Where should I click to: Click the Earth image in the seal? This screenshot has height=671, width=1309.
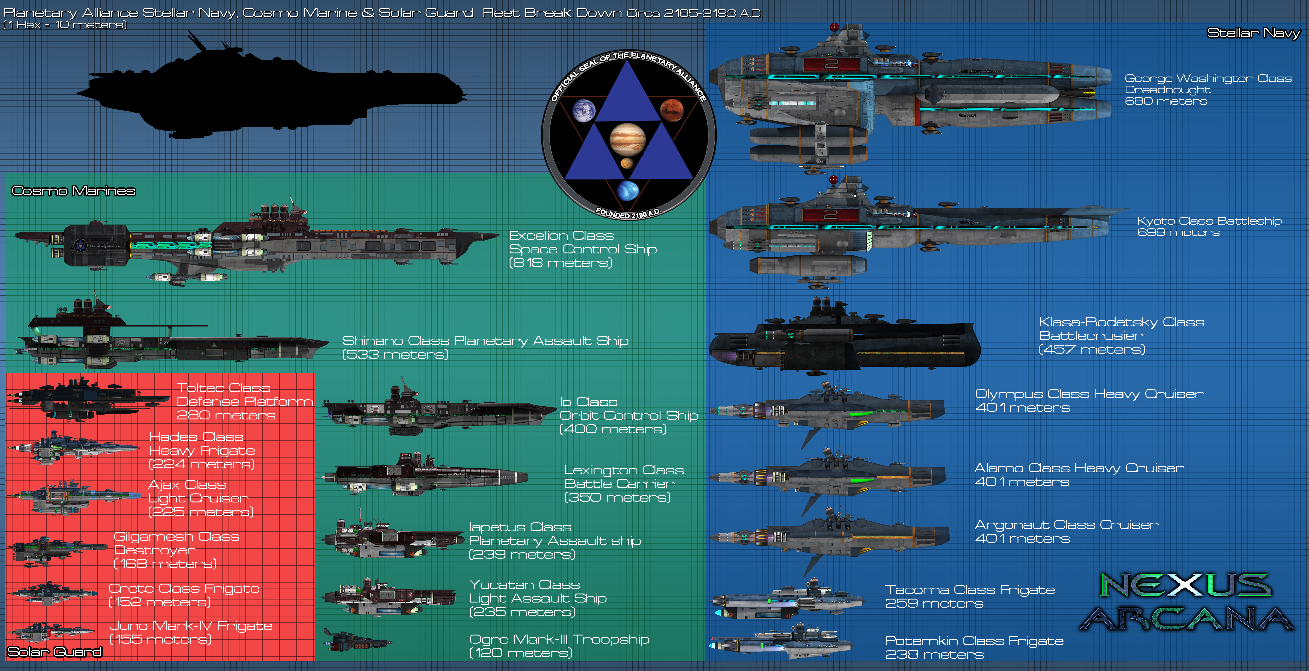tap(584, 111)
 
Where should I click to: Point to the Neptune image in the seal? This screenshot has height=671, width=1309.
tap(627, 190)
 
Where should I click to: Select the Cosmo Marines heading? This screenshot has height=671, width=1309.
tap(74, 191)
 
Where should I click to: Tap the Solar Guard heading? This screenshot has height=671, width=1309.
tap(54, 652)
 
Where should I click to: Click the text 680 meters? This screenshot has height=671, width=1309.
tap(1166, 101)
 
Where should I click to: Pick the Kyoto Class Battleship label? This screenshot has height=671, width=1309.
tap(1209, 221)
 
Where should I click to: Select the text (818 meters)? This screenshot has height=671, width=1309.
tap(561, 263)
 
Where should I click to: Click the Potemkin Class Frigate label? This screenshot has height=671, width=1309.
tap(974, 641)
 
